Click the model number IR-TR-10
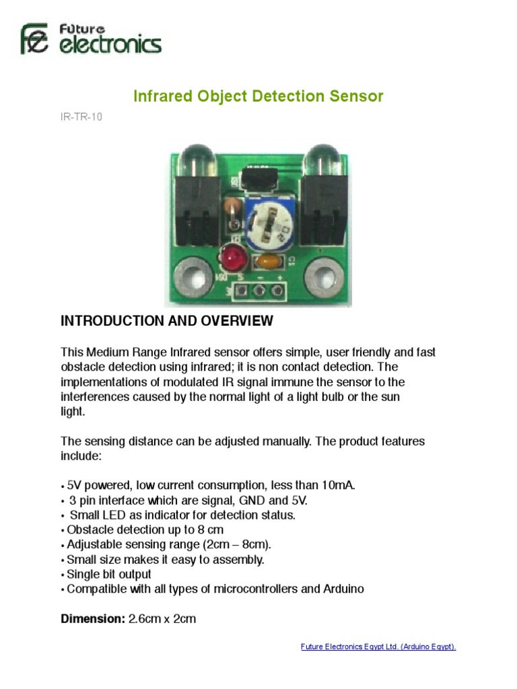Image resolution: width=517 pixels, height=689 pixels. tap(81, 116)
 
